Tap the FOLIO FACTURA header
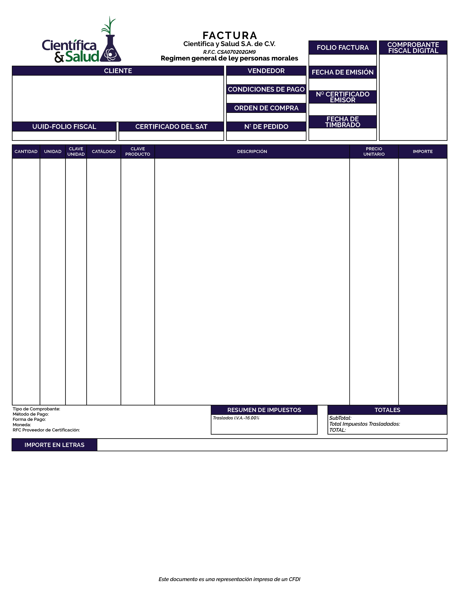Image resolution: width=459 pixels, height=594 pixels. coord(342,48)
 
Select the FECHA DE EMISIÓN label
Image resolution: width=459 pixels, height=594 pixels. coord(342,72)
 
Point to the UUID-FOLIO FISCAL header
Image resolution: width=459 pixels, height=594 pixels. coord(64,127)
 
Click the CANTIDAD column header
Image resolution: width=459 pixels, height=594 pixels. coord(26,152)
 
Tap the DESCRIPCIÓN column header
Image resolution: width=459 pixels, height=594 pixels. coord(252,152)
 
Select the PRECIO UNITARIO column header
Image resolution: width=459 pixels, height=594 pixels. coord(374,152)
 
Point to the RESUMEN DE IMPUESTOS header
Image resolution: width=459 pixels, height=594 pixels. coord(264,410)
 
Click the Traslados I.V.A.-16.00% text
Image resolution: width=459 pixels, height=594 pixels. coord(236,418)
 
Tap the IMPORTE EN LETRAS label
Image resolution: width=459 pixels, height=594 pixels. coord(54,445)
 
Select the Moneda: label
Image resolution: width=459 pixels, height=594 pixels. coord(22,425)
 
